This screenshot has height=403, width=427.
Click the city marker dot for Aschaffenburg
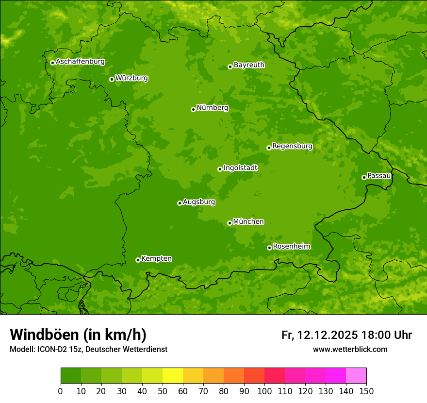[x=52, y=63]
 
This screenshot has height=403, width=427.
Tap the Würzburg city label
[x=131, y=78]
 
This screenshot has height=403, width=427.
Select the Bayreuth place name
[x=249, y=65]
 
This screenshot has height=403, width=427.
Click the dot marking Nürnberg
[x=193, y=109]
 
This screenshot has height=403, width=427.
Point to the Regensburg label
[x=292, y=146]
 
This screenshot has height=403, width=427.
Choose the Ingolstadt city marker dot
[x=220, y=169]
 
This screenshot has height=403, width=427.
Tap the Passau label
[x=379, y=176]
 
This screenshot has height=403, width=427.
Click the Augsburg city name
[x=199, y=202]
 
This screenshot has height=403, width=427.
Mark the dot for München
[x=230, y=223]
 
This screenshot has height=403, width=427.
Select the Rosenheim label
[x=291, y=247]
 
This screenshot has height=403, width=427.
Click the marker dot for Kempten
[x=138, y=260]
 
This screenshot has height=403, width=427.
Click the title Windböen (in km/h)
[x=78, y=335]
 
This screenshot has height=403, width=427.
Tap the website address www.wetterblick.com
[x=350, y=349]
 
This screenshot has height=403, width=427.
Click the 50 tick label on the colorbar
[x=163, y=391]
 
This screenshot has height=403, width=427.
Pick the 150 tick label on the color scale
[x=366, y=391]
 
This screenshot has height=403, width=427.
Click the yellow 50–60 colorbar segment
[x=173, y=376]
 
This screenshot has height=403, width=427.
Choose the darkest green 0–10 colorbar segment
[x=71, y=376]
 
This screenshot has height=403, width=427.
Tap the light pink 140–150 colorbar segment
[x=356, y=376]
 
